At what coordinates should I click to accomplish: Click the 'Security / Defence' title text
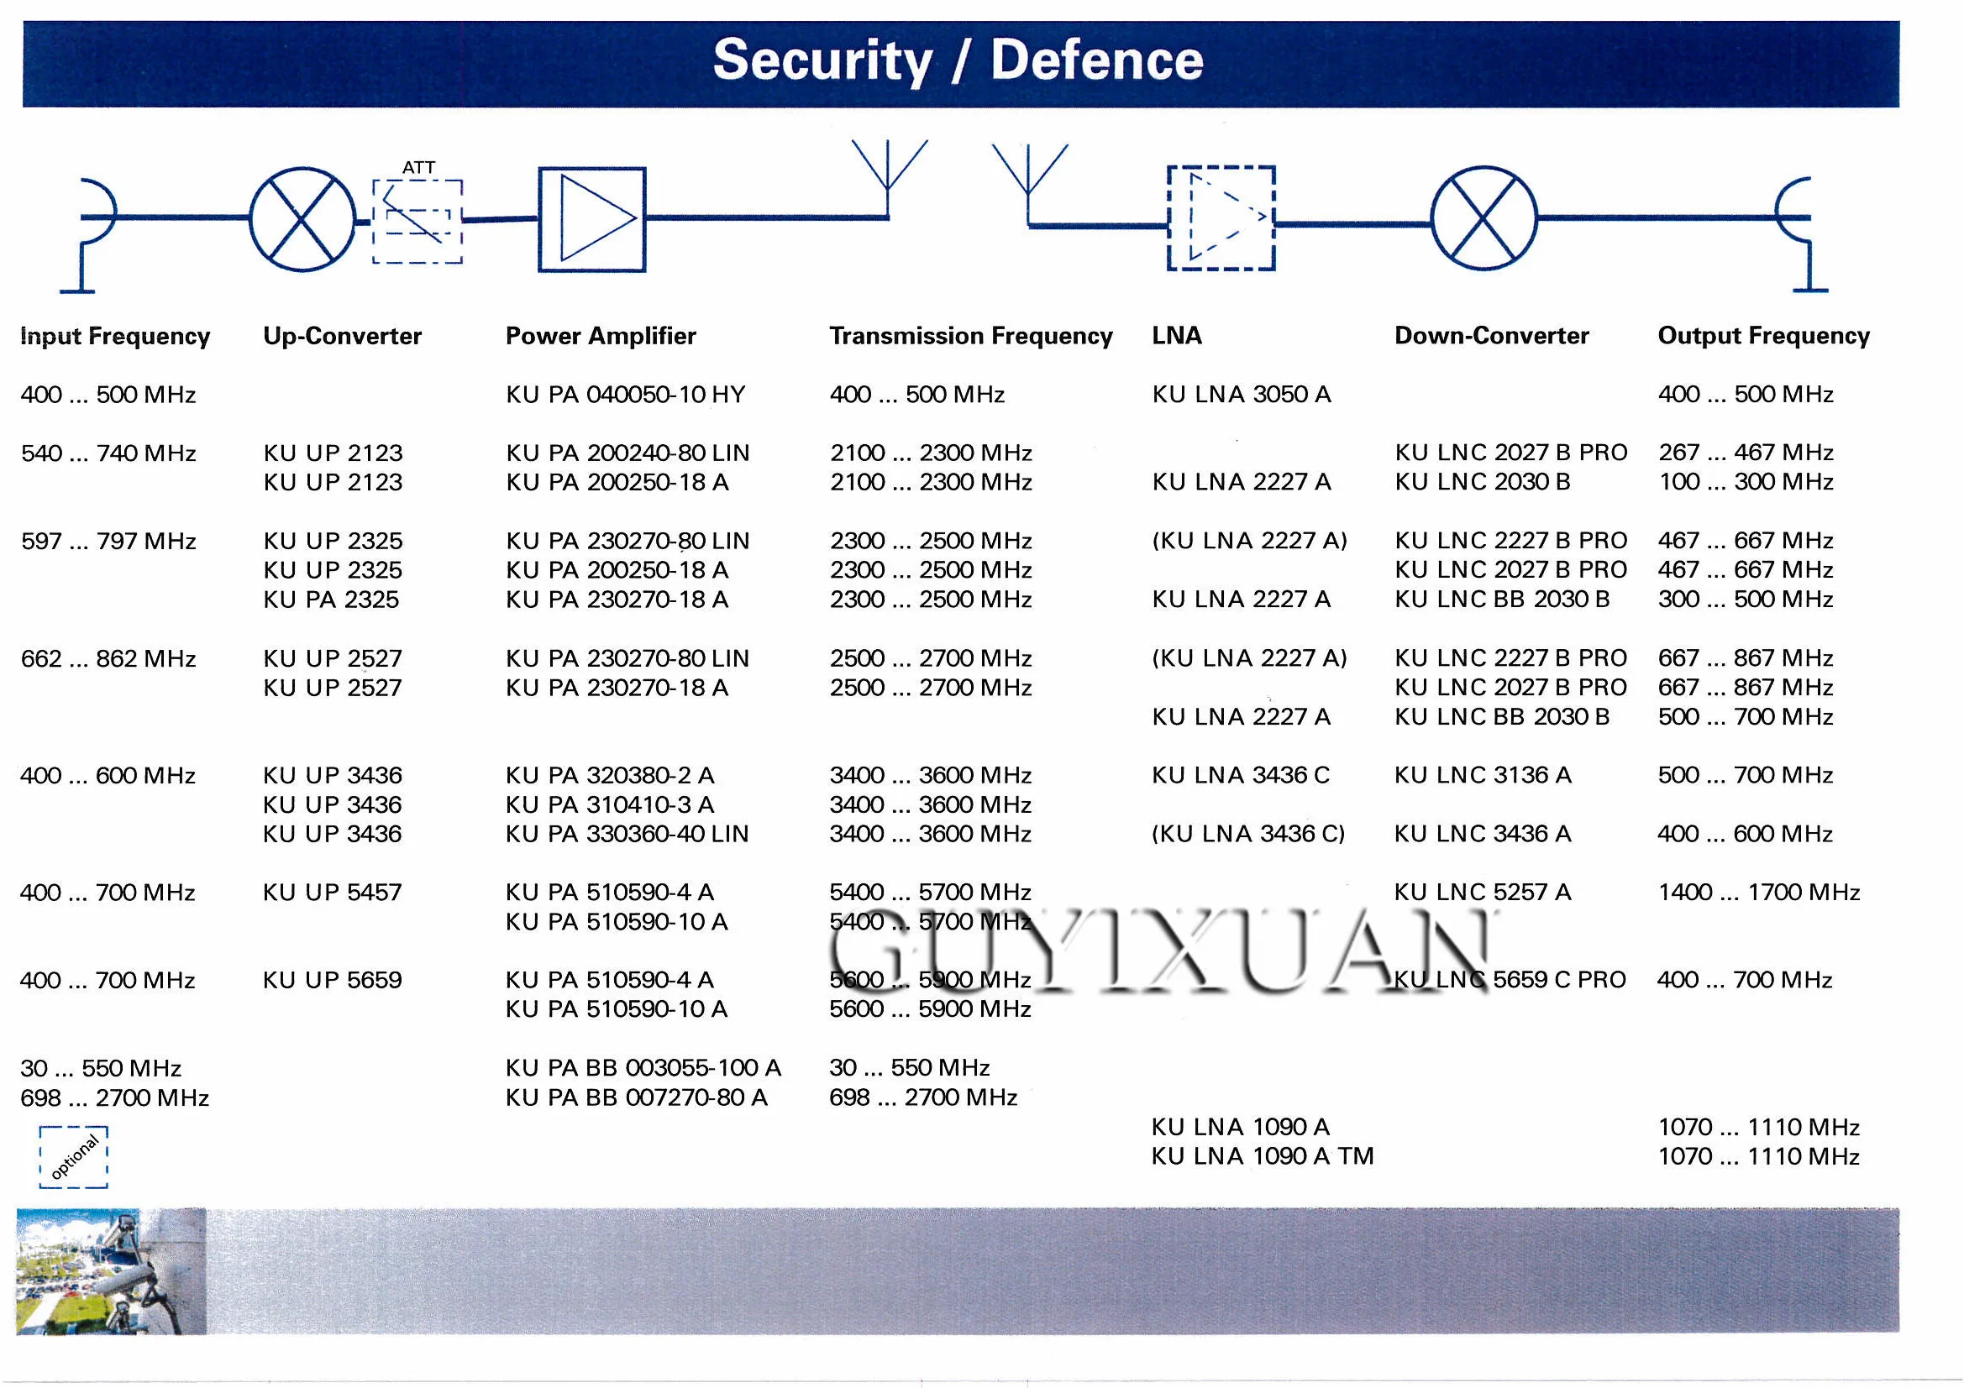(958, 60)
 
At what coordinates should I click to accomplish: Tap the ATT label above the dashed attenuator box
(418, 168)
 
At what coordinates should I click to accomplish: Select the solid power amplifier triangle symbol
(592, 220)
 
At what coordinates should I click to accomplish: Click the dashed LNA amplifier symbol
(1221, 218)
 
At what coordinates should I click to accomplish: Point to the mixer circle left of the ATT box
(302, 220)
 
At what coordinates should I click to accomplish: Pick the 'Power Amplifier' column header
(601, 336)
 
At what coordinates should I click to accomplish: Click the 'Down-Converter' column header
(1491, 336)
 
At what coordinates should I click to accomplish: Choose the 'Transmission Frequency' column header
(971, 336)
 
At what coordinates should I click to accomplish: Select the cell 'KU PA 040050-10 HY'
(625, 395)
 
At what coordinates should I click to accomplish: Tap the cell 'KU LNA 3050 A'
(1242, 395)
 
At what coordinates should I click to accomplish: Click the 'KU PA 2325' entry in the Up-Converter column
(331, 600)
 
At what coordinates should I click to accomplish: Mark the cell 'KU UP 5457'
(332, 892)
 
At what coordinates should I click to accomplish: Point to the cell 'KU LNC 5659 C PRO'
(1510, 980)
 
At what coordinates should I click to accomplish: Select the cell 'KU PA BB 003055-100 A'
(643, 1068)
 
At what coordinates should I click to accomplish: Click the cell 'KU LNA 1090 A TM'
(1262, 1156)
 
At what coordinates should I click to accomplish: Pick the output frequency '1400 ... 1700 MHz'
(1759, 892)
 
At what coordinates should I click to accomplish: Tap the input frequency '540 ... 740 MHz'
(108, 453)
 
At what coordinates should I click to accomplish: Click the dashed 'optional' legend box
(74, 1157)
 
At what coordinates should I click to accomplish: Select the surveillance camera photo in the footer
(111, 1270)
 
